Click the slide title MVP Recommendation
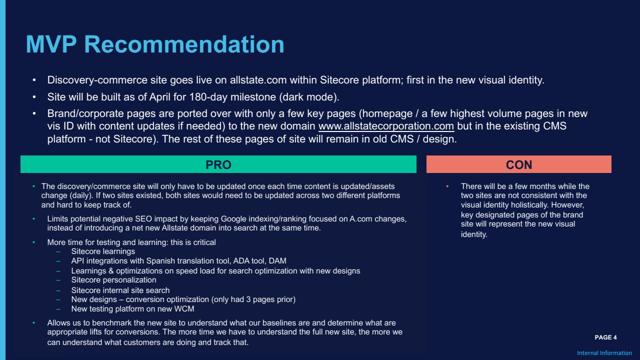155,44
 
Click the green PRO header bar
218,164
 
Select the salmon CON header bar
519,164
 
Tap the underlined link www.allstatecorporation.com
386,126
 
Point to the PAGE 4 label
605,337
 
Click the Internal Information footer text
604,353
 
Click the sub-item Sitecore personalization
113,279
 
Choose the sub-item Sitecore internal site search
120,290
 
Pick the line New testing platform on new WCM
132,309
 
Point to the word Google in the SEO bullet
233,219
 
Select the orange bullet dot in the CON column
447,186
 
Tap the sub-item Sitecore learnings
103,251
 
